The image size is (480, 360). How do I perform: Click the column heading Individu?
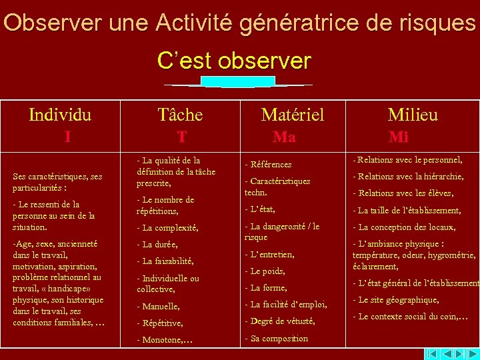(x=60, y=115)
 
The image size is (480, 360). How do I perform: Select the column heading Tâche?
(x=180, y=115)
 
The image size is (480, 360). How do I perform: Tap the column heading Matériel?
(x=292, y=115)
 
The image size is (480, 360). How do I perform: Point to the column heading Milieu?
(x=413, y=115)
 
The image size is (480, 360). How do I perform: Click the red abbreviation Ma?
(x=284, y=137)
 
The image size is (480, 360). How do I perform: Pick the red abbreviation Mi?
(x=399, y=137)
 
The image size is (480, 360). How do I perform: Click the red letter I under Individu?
(x=67, y=137)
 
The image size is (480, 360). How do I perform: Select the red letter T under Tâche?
(x=181, y=137)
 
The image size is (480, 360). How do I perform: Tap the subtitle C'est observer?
(x=234, y=61)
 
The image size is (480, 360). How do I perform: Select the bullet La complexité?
(x=167, y=227)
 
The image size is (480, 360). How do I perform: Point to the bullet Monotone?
(x=165, y=339)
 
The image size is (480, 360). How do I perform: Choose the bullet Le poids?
(x=265, y=271)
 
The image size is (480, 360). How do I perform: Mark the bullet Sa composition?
(x=276, y=338)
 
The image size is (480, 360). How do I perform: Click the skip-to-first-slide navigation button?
(x=432, y=353)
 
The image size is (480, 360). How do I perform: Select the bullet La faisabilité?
(x=165, y=261)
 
